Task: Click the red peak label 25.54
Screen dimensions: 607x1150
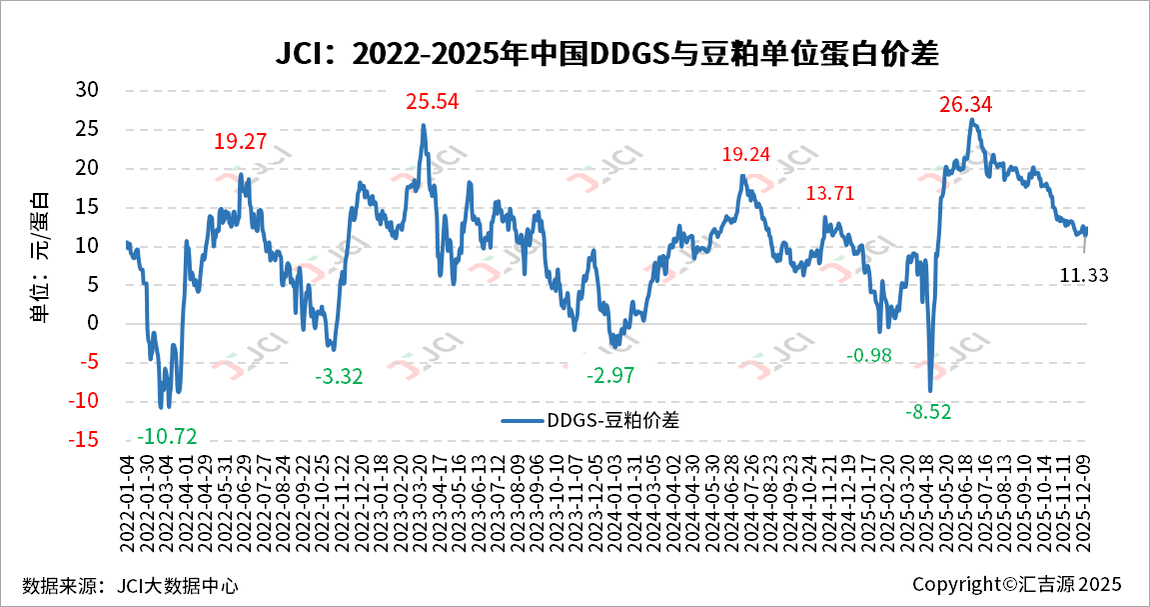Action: tap(432, 102)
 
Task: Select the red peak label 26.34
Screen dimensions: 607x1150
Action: tap(965, 105)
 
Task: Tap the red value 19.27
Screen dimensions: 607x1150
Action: tap(240, 142)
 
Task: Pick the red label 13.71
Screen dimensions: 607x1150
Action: tap(830, 193)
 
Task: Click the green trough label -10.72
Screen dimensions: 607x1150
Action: tap(167, 436)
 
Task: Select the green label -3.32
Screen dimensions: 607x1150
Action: tap(339, 377)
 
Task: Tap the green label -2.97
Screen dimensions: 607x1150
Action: tap(609, 376)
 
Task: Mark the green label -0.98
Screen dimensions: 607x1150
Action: tap(868, 356)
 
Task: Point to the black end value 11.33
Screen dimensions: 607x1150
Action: tap(1083, 276)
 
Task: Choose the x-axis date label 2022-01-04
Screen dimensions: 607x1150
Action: tap(127, 497)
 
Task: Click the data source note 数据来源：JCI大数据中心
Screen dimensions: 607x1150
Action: tap(130, 585)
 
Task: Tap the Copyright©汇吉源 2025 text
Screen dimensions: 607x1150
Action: tap(1016, 584)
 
